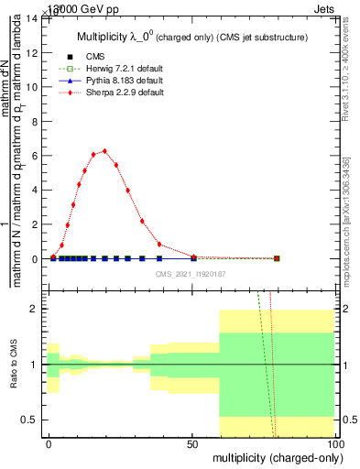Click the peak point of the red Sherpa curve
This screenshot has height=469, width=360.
(105, 151)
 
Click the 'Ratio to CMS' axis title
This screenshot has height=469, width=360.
(13, 365)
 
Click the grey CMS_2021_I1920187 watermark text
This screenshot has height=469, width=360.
(191, 274)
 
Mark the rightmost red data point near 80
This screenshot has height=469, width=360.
(277, 258)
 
